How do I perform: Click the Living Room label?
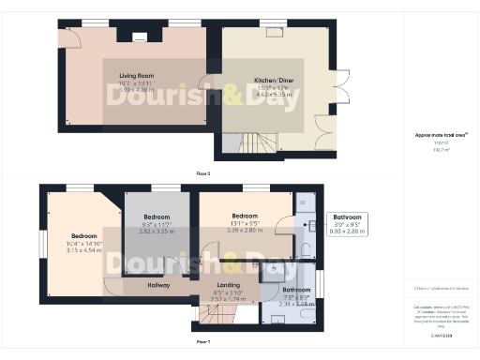point(136,75)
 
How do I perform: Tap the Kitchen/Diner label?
point(277,82)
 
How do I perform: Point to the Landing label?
point(228,284)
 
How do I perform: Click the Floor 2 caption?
point(202,174)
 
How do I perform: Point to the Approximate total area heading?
point(441,135)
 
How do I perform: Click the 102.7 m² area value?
point(441,150)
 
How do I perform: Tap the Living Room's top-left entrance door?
point(67,35)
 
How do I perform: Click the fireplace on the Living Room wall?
point(139,38)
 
